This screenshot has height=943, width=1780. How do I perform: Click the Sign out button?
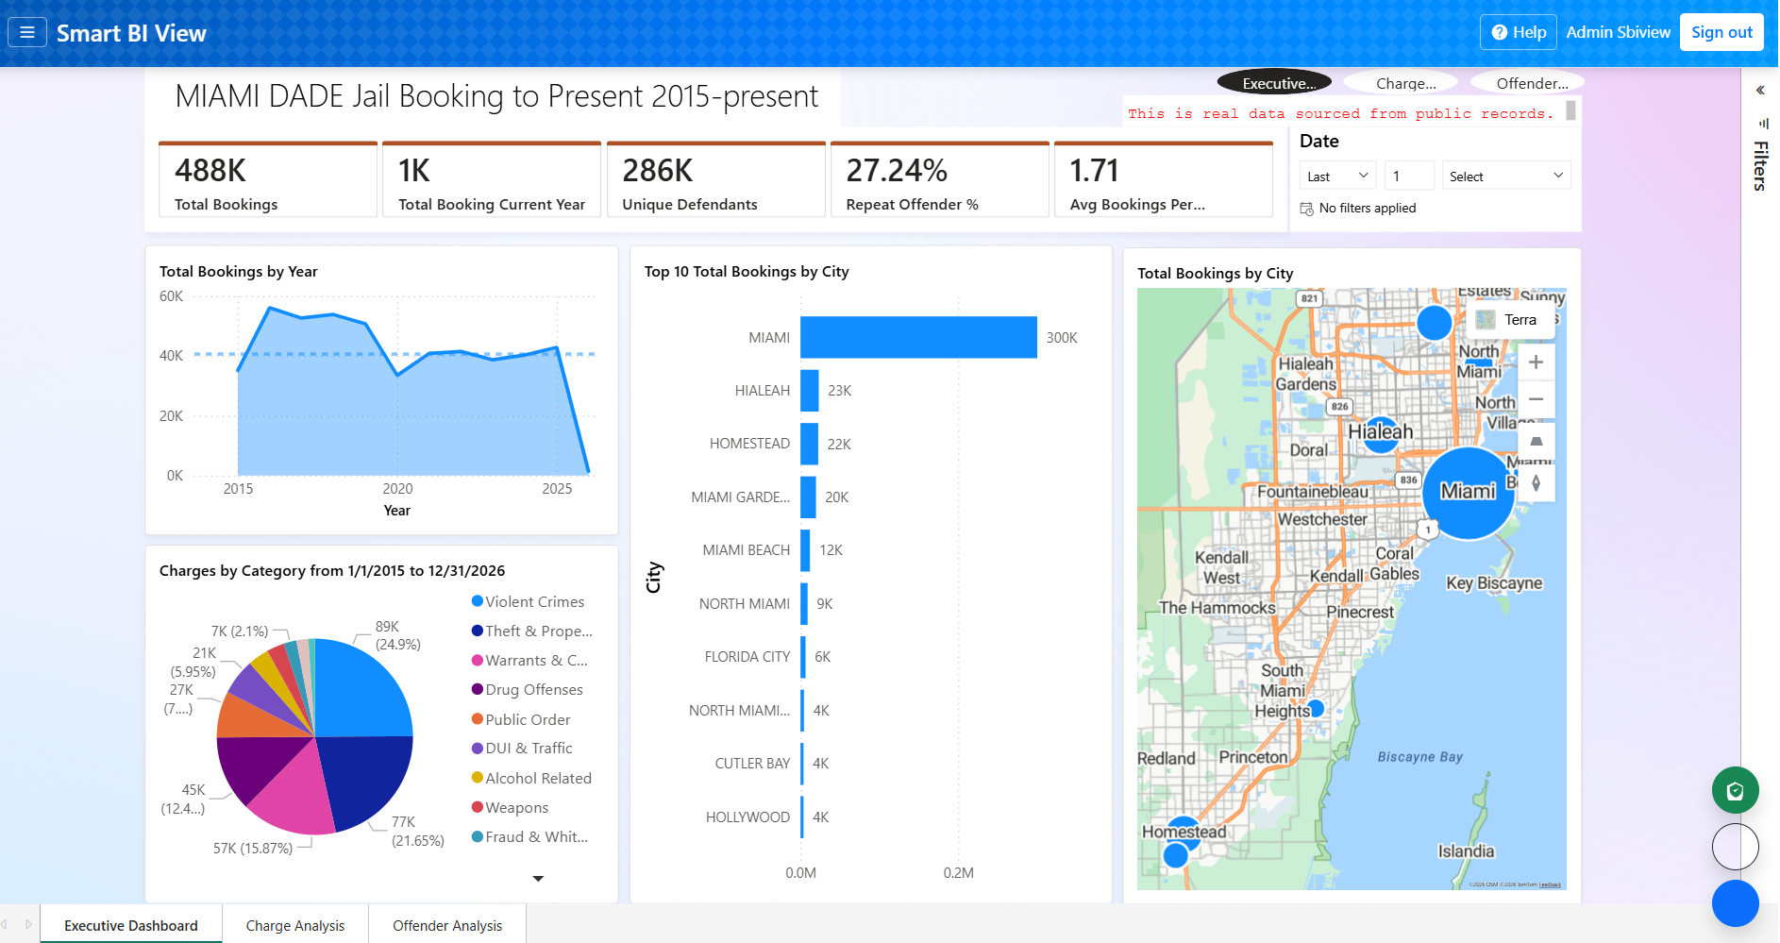pyautogui.click(x=1721, y=32)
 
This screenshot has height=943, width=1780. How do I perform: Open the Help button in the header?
pyautogui.click(x=1519, y=32)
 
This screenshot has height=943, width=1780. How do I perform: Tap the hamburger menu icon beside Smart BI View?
pyautogui.click(x=27, y=32)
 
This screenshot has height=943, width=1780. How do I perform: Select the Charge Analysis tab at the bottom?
pyautogui.click(x=294, y=925)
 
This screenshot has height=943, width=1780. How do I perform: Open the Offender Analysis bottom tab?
pyautogui.click(x=446, y=925)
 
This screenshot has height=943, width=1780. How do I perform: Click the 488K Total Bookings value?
pyautogui.click(x=210, y=171)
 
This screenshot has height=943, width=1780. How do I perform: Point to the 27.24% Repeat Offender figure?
pyautogui.click(x=896, y=171)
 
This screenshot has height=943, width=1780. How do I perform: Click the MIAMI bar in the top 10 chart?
pyautogui.click(x=917, y=337)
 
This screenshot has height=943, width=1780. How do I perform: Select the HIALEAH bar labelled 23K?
pyautogui.click(x=810, y=390)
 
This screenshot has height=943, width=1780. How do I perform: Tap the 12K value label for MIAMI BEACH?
pyautogui.click(x=831, y=550)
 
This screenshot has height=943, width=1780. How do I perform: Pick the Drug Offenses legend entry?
pyautogui.click(x=533, y=690)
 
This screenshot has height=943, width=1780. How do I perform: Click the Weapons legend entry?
pyautogui.click(x=516, y=808)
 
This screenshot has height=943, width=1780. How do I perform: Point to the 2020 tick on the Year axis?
pyautogui.click(x=397, y=489)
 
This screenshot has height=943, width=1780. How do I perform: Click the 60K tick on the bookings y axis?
pyautogui.click(x=171, y=296)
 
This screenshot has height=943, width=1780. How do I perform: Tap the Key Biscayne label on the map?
pyautogui.click(x=1493, y=583)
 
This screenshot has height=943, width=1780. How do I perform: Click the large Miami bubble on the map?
pyautogui.click(x=1468, y=493)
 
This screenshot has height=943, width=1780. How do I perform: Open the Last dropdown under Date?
pyautogui.click(x=1337, y=177)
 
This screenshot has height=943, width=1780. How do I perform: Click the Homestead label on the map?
pyautogui.click(x=1184, y=832)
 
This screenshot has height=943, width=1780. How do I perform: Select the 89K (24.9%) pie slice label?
pyautogui.click(x=397, y=635)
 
